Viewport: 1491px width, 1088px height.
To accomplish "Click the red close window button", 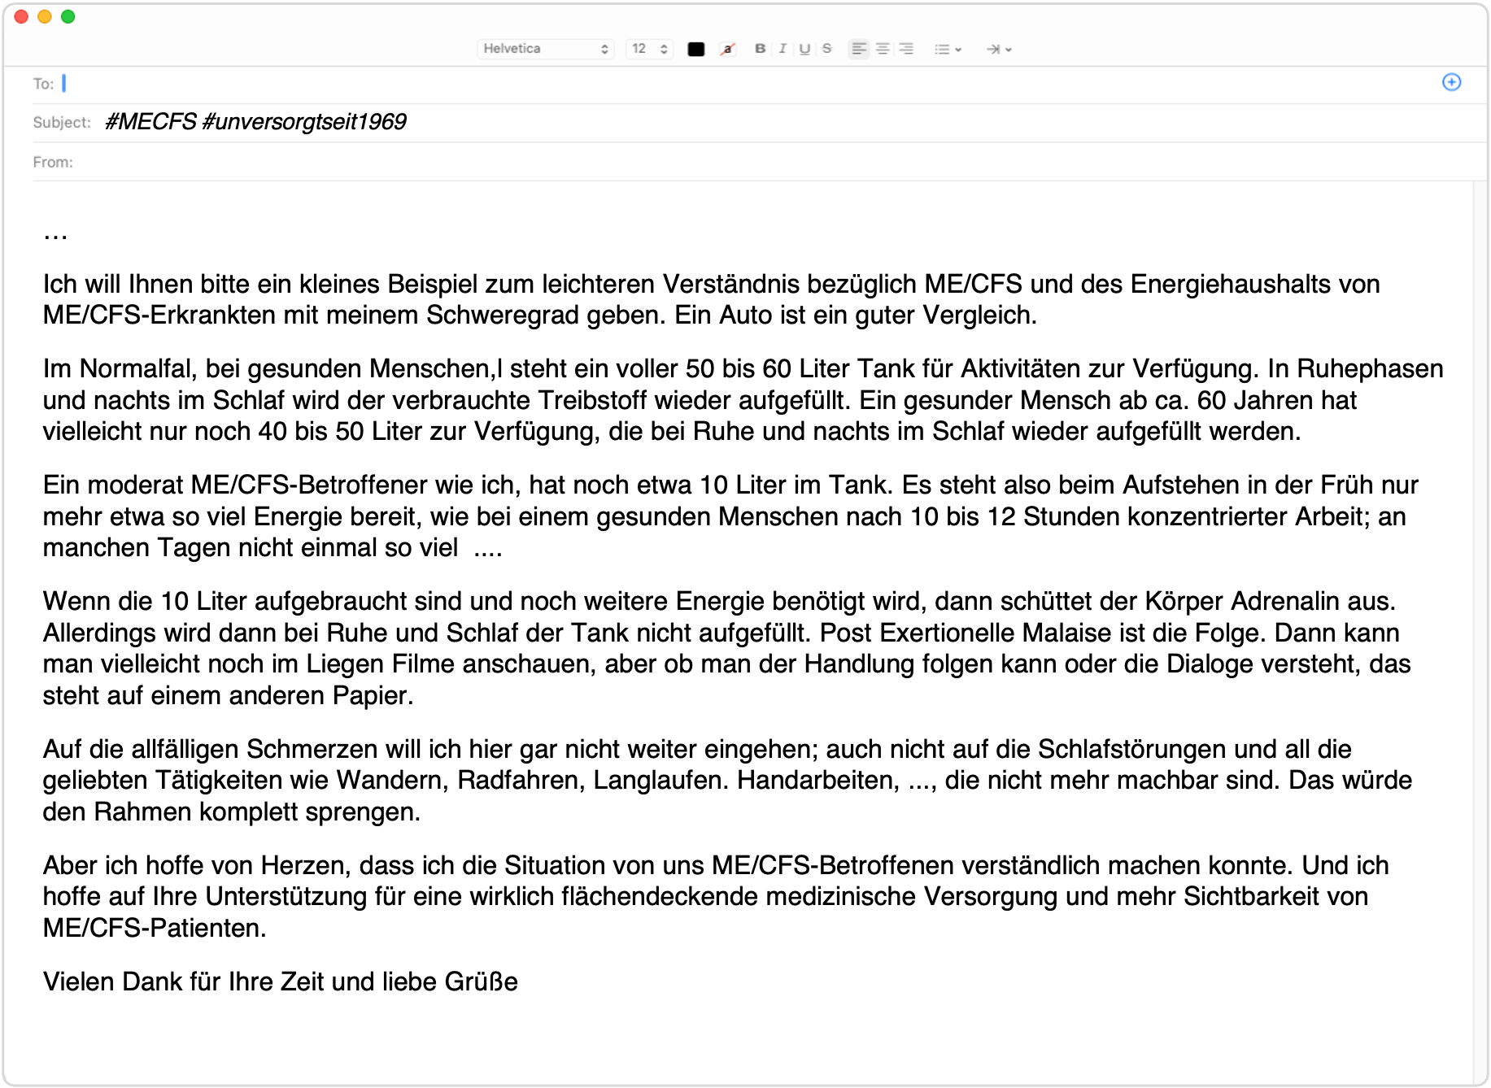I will tap(22, 17).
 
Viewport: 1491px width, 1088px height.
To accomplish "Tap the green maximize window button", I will tap(68, 17).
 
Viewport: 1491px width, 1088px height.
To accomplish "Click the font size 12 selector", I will tap(649, 49).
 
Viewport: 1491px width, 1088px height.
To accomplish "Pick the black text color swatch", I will tap(695, 50).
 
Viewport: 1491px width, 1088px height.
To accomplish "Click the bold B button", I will tap(760, 49).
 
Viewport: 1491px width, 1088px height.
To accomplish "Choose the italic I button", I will tap(783, 49).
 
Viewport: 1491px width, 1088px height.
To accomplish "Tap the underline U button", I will tap(804, 49).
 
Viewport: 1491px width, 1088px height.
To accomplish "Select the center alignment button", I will tap(882, 49).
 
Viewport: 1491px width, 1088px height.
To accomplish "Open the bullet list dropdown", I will tap(948, 50).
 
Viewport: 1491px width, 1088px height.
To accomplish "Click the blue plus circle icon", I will tap(1451, 82).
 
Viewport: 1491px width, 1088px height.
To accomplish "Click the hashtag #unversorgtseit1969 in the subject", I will tap(303, 122).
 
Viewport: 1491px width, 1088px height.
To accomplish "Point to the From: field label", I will tap(53, 163).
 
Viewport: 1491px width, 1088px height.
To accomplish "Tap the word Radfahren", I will tap(520, 781).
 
